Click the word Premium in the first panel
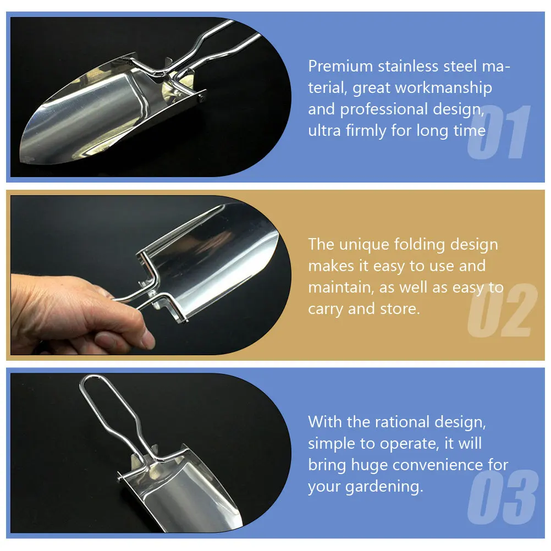coord(340,67)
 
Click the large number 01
coord(499,132)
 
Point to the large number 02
coord(503,310)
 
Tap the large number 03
coord(503,497)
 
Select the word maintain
coord(341,288)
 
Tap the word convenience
coord(438,465)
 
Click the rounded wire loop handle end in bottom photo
coord(91,377)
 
